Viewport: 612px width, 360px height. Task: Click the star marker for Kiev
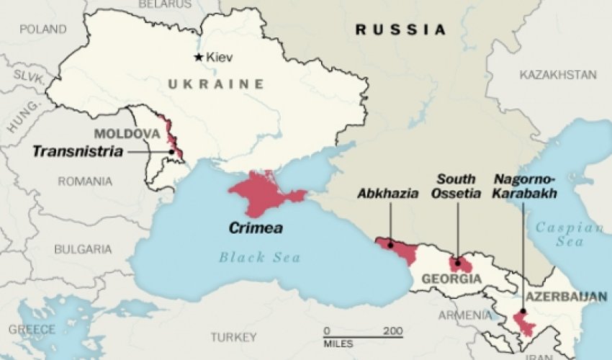pyautogui.click(x=199, y=57)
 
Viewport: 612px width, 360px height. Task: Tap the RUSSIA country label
pyautogui.click(x=401, y=30)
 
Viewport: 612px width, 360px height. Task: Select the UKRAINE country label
pyautogui.click(x=215, y=85)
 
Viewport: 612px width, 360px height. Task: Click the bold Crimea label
pyautogui.click(x=255, y=228)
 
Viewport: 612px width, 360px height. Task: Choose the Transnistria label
pyautogui.click(x=78, y=151)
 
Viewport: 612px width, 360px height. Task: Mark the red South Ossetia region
pyautogui.click(x=460, y=264)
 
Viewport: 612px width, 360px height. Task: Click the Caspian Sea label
pyautogui.click(x=569, y=235)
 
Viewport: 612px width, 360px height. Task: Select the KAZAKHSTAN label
pyautogui.click(x=558, y=75)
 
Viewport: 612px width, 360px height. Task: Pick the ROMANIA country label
pyautogui.click(x=84, y=181)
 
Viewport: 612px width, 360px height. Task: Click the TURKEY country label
pyautogui.click(x=233, y=337)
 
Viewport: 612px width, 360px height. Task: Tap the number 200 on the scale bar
pyautogui.click(x=392, y=330)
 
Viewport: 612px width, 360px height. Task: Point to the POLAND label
pyautogui.click(x=42, y=30)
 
